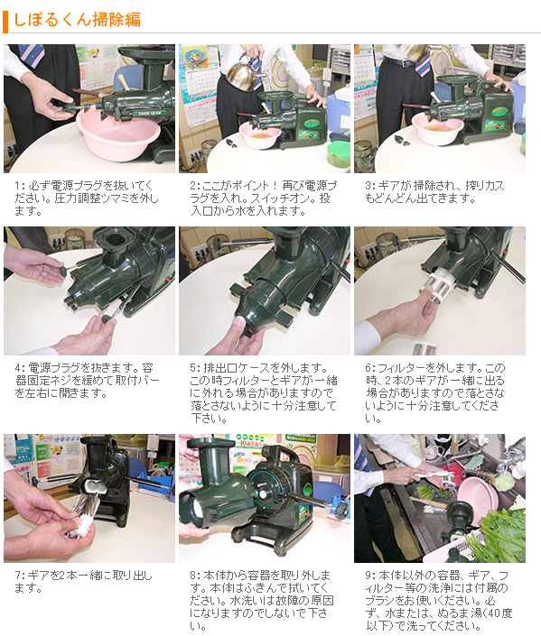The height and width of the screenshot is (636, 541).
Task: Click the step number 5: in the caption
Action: tap(196, 368)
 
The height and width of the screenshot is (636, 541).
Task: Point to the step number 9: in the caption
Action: tap(370, 575)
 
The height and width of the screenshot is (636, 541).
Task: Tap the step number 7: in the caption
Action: tap(21, 575)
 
